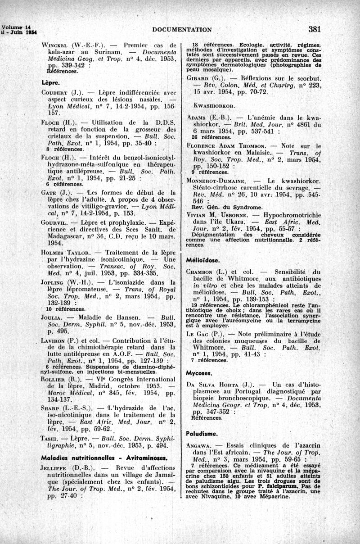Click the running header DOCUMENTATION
pos(182,30)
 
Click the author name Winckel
pos(55,45)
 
